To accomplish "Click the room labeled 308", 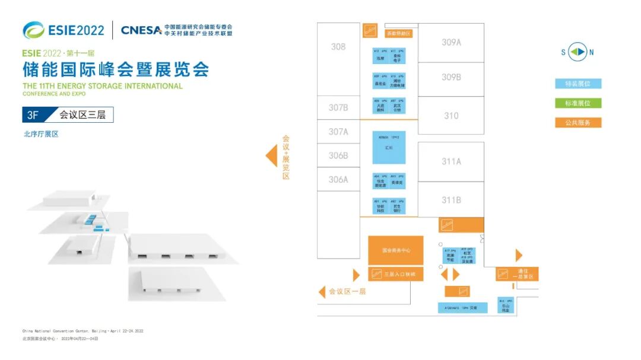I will pos(338,47).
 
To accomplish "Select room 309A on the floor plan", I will pos(451,42).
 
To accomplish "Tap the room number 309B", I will pos(451,77).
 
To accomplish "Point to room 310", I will pos(451,116).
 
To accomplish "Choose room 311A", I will pos(451,161).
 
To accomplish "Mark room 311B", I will pos(451,200).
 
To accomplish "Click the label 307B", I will pos(338,108).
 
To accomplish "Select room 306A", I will pos(338,179).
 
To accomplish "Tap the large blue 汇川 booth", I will pos(389,148).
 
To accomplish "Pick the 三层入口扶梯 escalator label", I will pos(395,275).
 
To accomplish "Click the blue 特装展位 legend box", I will pos(578,84).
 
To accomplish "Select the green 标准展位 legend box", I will pos(578,103).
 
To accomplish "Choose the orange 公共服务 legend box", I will pos(578,123).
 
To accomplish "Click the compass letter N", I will pos(591,52).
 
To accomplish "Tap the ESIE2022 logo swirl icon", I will pos(33,30).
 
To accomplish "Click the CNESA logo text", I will pos(141,30).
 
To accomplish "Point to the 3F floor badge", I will pos(33,115).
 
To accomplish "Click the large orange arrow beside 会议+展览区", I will pos(271,156).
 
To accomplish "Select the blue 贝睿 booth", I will pos(462,308).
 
